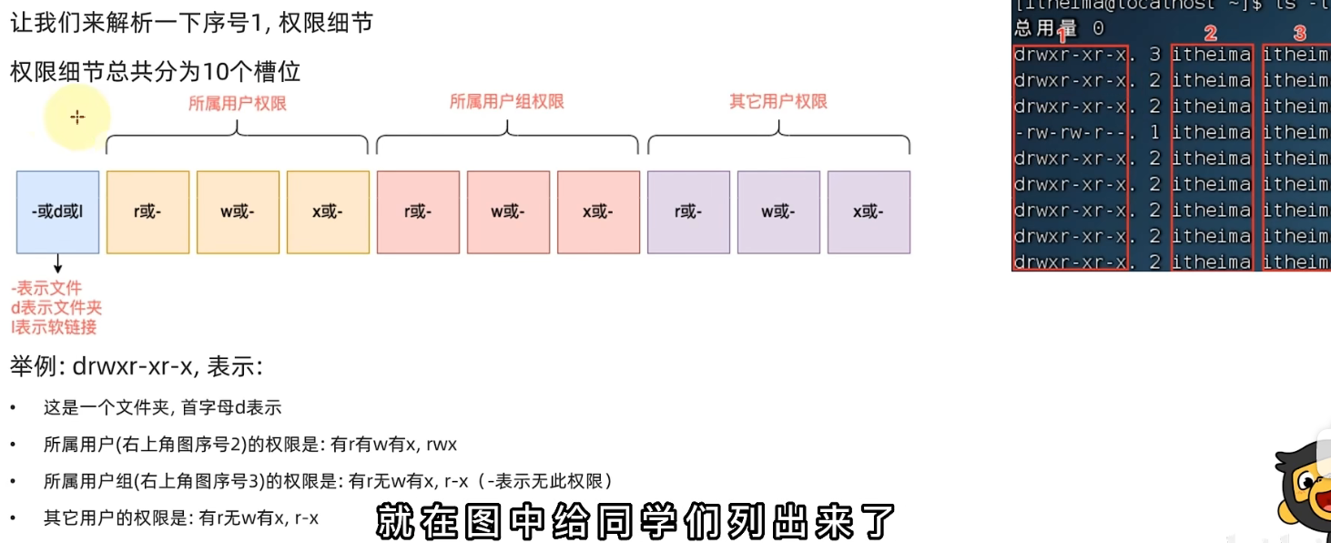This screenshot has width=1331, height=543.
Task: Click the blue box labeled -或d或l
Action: pyautogui.click(x=57, y=212)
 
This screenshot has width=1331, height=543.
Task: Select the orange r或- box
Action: pyautogui.click(x=147, y=212)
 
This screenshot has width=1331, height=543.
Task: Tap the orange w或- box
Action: pyautogui.click(x=238, y=212)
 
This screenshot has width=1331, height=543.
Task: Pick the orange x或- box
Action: pyautogui.click(x=328, y=212)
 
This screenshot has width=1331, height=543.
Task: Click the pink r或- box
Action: pyautogui.click(x=418, y=212)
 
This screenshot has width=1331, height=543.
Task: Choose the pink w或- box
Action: pyautogui.click(x=508, y=212)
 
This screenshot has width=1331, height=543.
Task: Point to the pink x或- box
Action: pyautogui.click(x=598, y=212)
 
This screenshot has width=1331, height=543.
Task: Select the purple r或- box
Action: pyautogui.click(x=688, y=212)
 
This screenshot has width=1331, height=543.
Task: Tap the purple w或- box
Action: pyautogui.click(x=778, y=212)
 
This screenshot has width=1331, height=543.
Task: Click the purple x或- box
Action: pyautogui.click(x=869, y=212)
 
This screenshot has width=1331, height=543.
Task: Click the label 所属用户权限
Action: pyautogui.click(x=238, y=104)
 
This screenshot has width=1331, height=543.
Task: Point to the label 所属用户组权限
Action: pyautogui.click(x=507, y=101)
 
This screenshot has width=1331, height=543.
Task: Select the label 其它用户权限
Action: pyautogui.click(x=778, y=101)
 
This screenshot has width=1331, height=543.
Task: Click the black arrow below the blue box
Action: pyautogui.click(x=58, y=264)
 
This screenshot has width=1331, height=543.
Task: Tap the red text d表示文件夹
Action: pyautogui.click(x=56, y=308)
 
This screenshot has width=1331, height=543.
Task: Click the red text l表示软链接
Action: pyautogui.click(x=54, y=327)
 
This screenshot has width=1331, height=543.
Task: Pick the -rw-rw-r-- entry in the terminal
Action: pyautogui.click(x=1070, y=133)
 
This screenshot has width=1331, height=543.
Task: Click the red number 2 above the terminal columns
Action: pyautogui.click(x=1210, y=34)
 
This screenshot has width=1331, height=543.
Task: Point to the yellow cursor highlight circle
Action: pyautogui.click(x=77, y=117)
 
